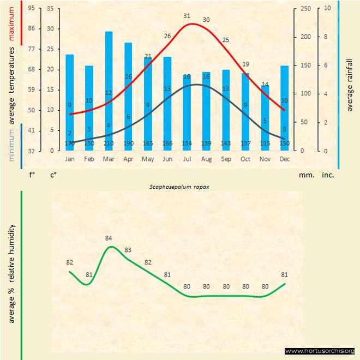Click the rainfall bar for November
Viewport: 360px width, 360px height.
(x=265, y=117)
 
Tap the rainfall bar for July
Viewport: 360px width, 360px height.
(x=187, y=112)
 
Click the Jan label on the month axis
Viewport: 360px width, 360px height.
(x=70, y=159)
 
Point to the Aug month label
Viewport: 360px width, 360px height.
(x=206, y=159)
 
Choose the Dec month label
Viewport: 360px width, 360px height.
(x=284, y=159)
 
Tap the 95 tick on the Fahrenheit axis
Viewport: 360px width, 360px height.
(x=31, y=8)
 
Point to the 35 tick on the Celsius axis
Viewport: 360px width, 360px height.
(x=50, y=8)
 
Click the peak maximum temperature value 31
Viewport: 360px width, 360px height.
(x=187, y=16)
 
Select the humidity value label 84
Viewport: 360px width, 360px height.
(x=109, y=238)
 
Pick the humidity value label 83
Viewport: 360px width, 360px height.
(x=128, y=250)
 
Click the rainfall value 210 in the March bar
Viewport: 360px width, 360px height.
(x=109, y=143)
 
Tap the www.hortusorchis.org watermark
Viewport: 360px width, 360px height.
(x=320, y=351)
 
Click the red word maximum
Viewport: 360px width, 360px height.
(x=12, y=22)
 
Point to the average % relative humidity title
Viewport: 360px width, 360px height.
(x=12, y=273)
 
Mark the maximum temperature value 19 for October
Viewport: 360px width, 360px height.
(x=245, y=64)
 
